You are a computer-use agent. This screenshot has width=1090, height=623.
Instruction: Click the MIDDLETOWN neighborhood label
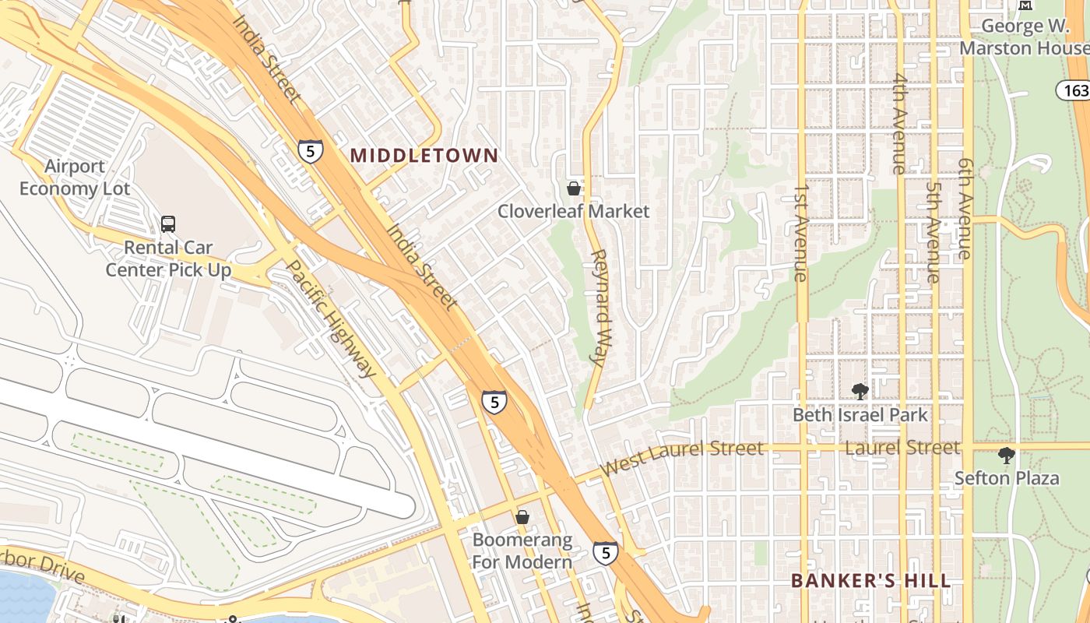(x=424, y=155)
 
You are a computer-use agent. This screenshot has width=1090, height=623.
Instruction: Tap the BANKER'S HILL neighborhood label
(x=870, y=581)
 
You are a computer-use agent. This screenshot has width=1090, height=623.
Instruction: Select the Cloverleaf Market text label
(x=573, y=211)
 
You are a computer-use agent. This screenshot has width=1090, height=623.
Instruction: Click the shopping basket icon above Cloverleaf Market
(x=574, y=188)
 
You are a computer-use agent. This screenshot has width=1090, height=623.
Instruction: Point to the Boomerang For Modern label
(x=522, y=551)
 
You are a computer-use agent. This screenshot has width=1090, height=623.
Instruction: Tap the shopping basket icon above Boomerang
(x=522, y=517)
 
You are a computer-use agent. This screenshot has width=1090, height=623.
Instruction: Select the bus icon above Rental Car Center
(x=168, y=224)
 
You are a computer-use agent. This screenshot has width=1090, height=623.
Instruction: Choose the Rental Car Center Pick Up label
(x=169, y=259)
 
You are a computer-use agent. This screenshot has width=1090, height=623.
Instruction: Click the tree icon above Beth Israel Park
(x=860, y=391)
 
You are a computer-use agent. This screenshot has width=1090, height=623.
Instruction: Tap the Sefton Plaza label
(x=1007, y=478)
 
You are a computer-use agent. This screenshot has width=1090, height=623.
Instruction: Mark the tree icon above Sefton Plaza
(x=1007, y=456)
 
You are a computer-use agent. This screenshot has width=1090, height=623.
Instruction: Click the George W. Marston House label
(x=1023, y=37)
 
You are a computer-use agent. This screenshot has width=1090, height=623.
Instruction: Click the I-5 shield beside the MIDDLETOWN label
(x=310, y=150)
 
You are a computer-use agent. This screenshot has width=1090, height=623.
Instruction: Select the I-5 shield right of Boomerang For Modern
(x=605, y=553)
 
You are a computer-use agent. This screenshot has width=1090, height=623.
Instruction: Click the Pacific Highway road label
(x=331, y=318)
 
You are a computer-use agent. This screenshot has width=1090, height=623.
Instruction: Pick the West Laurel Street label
(x=682, y=458)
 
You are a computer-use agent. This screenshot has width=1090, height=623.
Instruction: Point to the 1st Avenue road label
(x=801, y=233)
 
